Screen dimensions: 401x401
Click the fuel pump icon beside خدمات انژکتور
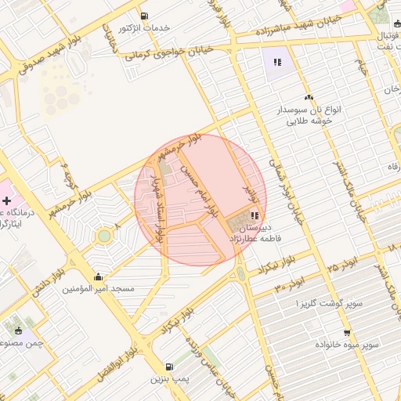pyautogui.click(x=143, y=16)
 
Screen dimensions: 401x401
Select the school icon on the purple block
pyautogui.click(x=276, y=62)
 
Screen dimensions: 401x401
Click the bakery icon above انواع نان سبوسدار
pyautogui.click(x=309, y=98)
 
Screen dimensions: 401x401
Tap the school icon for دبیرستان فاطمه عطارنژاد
pyautogui.click(x=255, y=215)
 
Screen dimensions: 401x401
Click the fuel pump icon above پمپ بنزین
pyautogui.click(x=169, y=367)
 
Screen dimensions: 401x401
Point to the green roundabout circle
pyautogui.click(x=104, y=236)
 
